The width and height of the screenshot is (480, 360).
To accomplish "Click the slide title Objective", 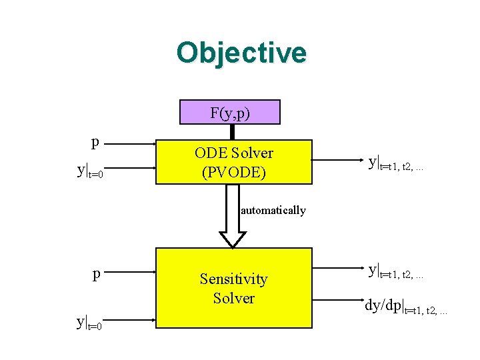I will [x=241, y=53].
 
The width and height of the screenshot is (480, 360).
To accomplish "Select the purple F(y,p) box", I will [x=230, y=113].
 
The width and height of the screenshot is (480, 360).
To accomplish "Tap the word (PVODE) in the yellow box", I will [x=233, y=173].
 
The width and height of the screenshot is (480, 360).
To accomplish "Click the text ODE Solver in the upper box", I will [x=233, y=153].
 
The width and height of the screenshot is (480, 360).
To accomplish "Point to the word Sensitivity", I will [x=233, y=279].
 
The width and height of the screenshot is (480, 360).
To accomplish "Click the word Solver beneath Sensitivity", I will [x=233, y=298].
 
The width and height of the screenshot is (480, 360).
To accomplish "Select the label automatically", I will [x=273, y=211].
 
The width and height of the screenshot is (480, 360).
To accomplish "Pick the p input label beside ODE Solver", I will [x=96, y=141].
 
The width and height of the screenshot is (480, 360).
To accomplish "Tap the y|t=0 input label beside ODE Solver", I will [x=91, y=171].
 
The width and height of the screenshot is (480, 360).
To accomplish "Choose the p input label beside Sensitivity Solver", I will [x=97, y=273].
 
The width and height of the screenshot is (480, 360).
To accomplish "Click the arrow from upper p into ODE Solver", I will [x=130, y=143].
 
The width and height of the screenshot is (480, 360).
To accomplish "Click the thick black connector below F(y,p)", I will [x=232, y=132].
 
